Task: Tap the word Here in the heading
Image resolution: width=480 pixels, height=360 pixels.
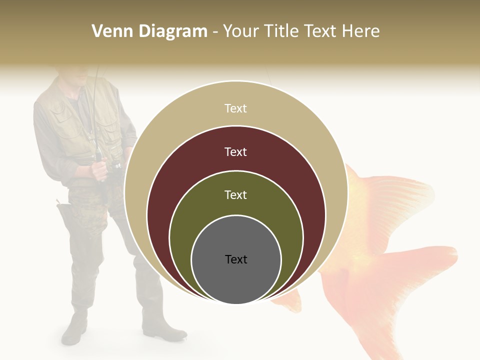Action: [360, 31]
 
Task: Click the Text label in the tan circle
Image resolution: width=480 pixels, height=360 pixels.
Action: [236, 108]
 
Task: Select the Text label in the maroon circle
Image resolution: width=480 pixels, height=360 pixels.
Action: [236, 151]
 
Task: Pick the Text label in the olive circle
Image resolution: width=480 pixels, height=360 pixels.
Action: [236, 194]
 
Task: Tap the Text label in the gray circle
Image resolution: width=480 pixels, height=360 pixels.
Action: [236, 259]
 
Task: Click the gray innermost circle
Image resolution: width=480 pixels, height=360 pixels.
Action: [236, 275]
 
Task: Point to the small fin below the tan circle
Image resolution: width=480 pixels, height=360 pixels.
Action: [290, 302]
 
